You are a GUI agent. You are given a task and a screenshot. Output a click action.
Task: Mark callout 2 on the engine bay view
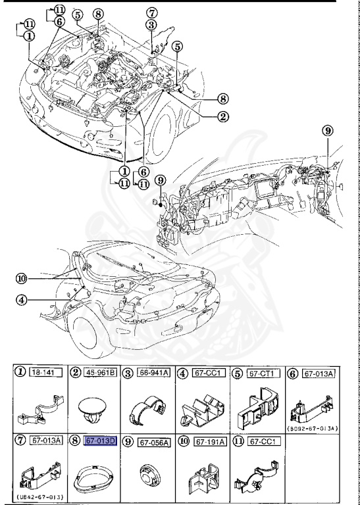click(x=224, y=118)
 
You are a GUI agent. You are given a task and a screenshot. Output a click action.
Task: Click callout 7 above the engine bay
click(x=152, y=12)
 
